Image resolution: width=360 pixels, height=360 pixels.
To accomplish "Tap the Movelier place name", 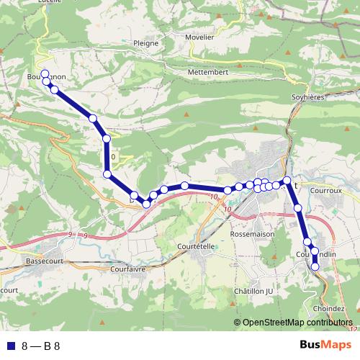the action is [x=199, y=37].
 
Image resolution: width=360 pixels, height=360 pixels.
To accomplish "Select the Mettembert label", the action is [x=209, y=73].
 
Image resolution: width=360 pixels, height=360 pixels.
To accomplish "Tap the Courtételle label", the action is [x=196, y=246].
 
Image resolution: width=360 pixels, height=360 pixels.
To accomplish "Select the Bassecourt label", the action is [x=44, y=261].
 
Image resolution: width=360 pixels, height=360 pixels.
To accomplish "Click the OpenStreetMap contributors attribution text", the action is [x=299, y=323].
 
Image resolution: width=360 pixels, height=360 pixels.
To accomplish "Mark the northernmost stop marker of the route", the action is [x=45, y=73].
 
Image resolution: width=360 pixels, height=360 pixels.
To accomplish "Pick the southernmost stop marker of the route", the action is [x=315, y=266].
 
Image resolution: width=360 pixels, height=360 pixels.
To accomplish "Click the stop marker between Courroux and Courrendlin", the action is [x=298, y=207].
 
